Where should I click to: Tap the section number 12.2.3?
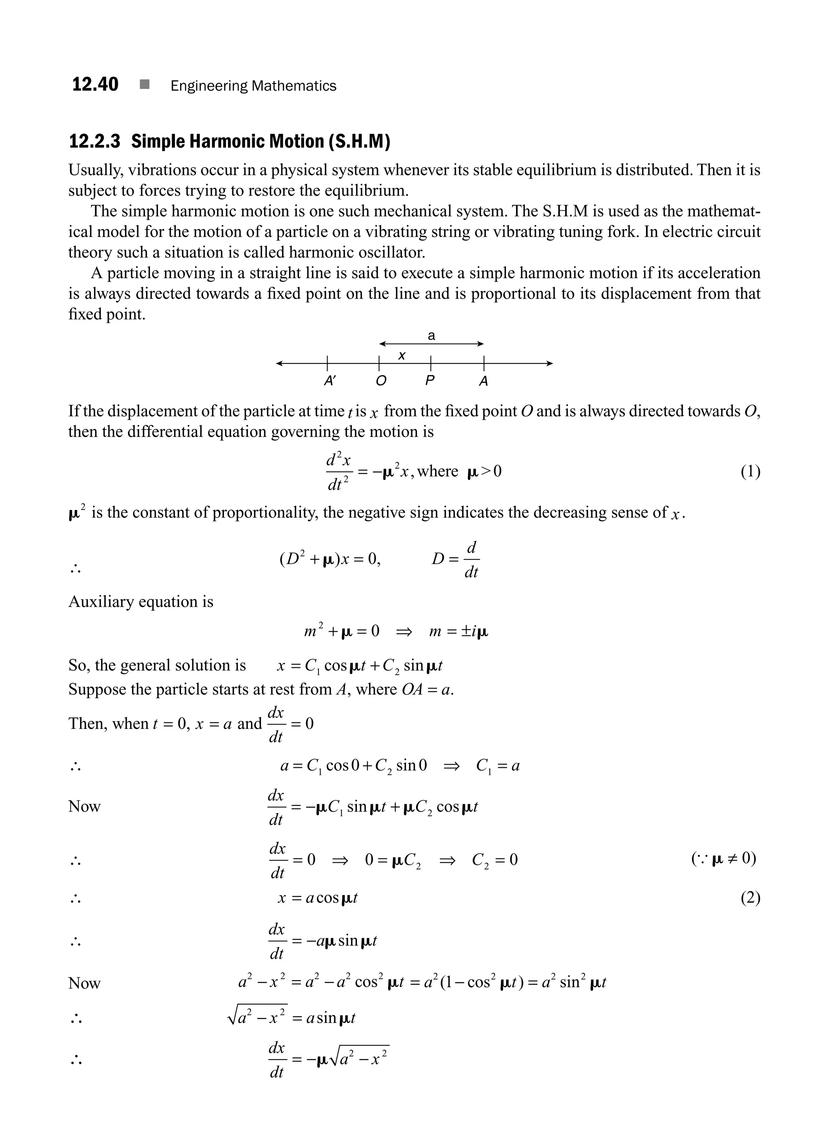click(x=94, y=142)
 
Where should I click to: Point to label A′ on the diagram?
click(x=329, y=381)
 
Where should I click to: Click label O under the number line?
click(x=381, y=381)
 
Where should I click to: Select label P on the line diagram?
click(x=429, y=381)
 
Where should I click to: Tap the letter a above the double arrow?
click(x=431, y=336)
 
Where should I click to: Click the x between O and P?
click(x=402, y=356)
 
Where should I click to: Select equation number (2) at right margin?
click(x=750, y=898)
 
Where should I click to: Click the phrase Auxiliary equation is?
click(x=140, y=602)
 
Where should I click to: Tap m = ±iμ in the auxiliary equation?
click(x=458, y=631)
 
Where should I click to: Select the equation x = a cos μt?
click(x=317, y=898)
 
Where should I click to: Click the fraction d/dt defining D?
click(x=471, y=559)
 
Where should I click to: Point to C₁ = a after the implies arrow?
click(x=497, y=766)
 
